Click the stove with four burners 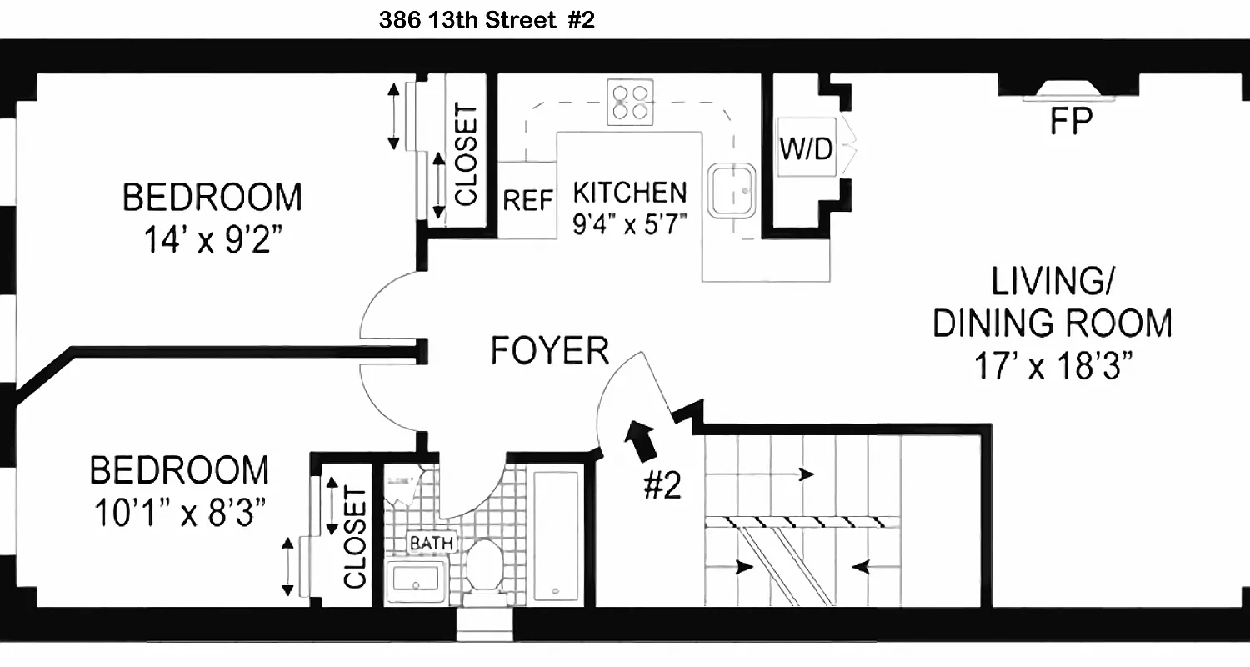click(x=629, y=100)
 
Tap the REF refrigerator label click(x=528, y=200)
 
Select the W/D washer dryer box click(x=806, y=150)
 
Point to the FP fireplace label click(x=1071, y=123)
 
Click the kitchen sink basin click(x=732, y=189)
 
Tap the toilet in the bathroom click(x=483, y=567)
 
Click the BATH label click(x=431, y=544)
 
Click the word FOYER click(x=549, y=351)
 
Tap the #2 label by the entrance click(x=662, y=487)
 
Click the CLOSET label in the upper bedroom click(x=466, y=155)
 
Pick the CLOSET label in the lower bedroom click(x=354, y=538)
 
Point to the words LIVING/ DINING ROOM click(x=1052, y=303)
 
